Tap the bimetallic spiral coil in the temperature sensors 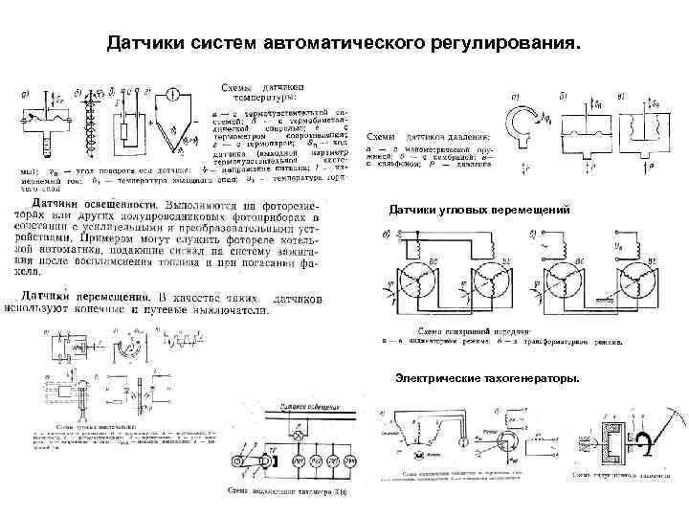click(x=95, y=129)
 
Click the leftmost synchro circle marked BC click(x=410, y=276)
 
